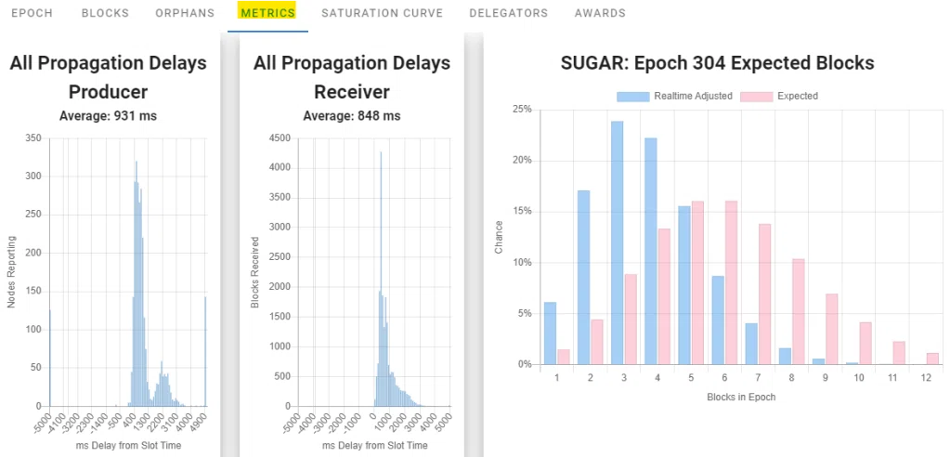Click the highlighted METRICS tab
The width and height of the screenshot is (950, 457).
tap(267, 12)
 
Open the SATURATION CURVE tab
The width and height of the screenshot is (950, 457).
tap(383, 13)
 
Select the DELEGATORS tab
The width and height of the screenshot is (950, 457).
tap(508, 13)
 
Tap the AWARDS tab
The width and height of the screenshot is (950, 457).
tap(600, 13)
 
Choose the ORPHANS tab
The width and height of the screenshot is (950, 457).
tap(185, 13)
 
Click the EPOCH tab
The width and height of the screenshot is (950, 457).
tap(33, 13)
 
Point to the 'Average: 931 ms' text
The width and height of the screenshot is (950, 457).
tap(108, 116)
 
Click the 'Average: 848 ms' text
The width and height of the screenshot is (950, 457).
tap(351, 116)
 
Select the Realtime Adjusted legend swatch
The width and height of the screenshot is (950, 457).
tap(633, 97)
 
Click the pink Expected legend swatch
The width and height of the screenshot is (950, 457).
tap(757, 97)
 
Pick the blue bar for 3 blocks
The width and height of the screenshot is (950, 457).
tap(617, 243)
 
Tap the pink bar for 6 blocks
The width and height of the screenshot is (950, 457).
tap(731, 283)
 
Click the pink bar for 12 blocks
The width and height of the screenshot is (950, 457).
tap(932, 359)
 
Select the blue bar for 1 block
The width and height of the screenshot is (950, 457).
tap(550, 333)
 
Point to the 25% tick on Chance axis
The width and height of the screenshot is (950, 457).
tap(522, 109)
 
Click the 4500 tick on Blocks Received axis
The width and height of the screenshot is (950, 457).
tap(281, 138)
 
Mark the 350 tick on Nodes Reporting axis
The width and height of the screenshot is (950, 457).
tap(33, 138)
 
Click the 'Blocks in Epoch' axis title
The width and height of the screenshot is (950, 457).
tap(741, 397)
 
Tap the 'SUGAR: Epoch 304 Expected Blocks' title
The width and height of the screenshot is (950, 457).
tap(717, 64)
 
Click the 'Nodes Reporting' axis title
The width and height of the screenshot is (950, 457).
tap(11, 272)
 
